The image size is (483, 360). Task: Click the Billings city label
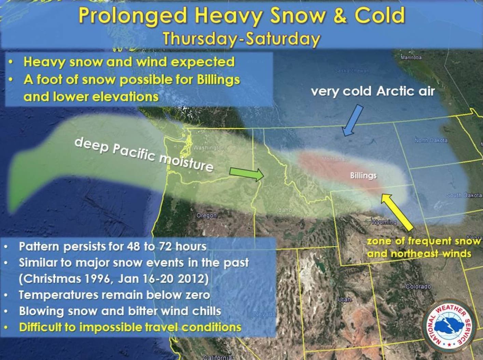pyautogui.click(x=363, y=176)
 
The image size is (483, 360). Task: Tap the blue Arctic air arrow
pyautogui.click(x=352, y=121)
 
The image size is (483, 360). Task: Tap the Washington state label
pyautogui.click(x=209, y=148)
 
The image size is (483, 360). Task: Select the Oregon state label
pyautogui.click(x=206, y=216)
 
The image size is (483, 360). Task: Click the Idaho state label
pyautogui.click(x=284, y=210)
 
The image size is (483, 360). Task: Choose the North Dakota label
pyautogui.click(x=431, y=140)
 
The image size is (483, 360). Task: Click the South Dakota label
pyautogui.click(x=464, y=195)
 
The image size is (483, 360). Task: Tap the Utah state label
pyautogui.click(x=344, y=299)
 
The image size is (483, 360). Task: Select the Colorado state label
pyautogui.click(x=418, y=286)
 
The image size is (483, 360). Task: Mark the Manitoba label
pyautogui.click(x=411, y=57)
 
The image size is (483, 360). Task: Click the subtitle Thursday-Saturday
pyautogui.click(x=241, y=38)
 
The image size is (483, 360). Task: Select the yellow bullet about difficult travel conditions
pyautogui.click(x=130, y=327)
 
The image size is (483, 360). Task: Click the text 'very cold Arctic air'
pyautogui.click(x=373, y=91)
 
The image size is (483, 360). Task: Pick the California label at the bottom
pyautogui.click(x=218, y=357)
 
